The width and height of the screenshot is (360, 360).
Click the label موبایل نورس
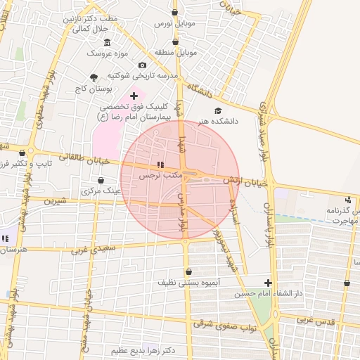click(173, 24)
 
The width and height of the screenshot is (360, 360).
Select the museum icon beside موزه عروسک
click(106, 43)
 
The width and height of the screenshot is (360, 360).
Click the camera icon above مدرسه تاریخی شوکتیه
click(143, 65)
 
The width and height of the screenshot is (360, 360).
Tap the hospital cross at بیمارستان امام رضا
click(134, 95)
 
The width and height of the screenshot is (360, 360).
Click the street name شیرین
click(54, 200)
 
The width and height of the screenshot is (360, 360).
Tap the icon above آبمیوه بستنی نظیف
click(188, 272)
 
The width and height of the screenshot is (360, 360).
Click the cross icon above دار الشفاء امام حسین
click(267, 283)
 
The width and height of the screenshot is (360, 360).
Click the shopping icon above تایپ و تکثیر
click(22, 153)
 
